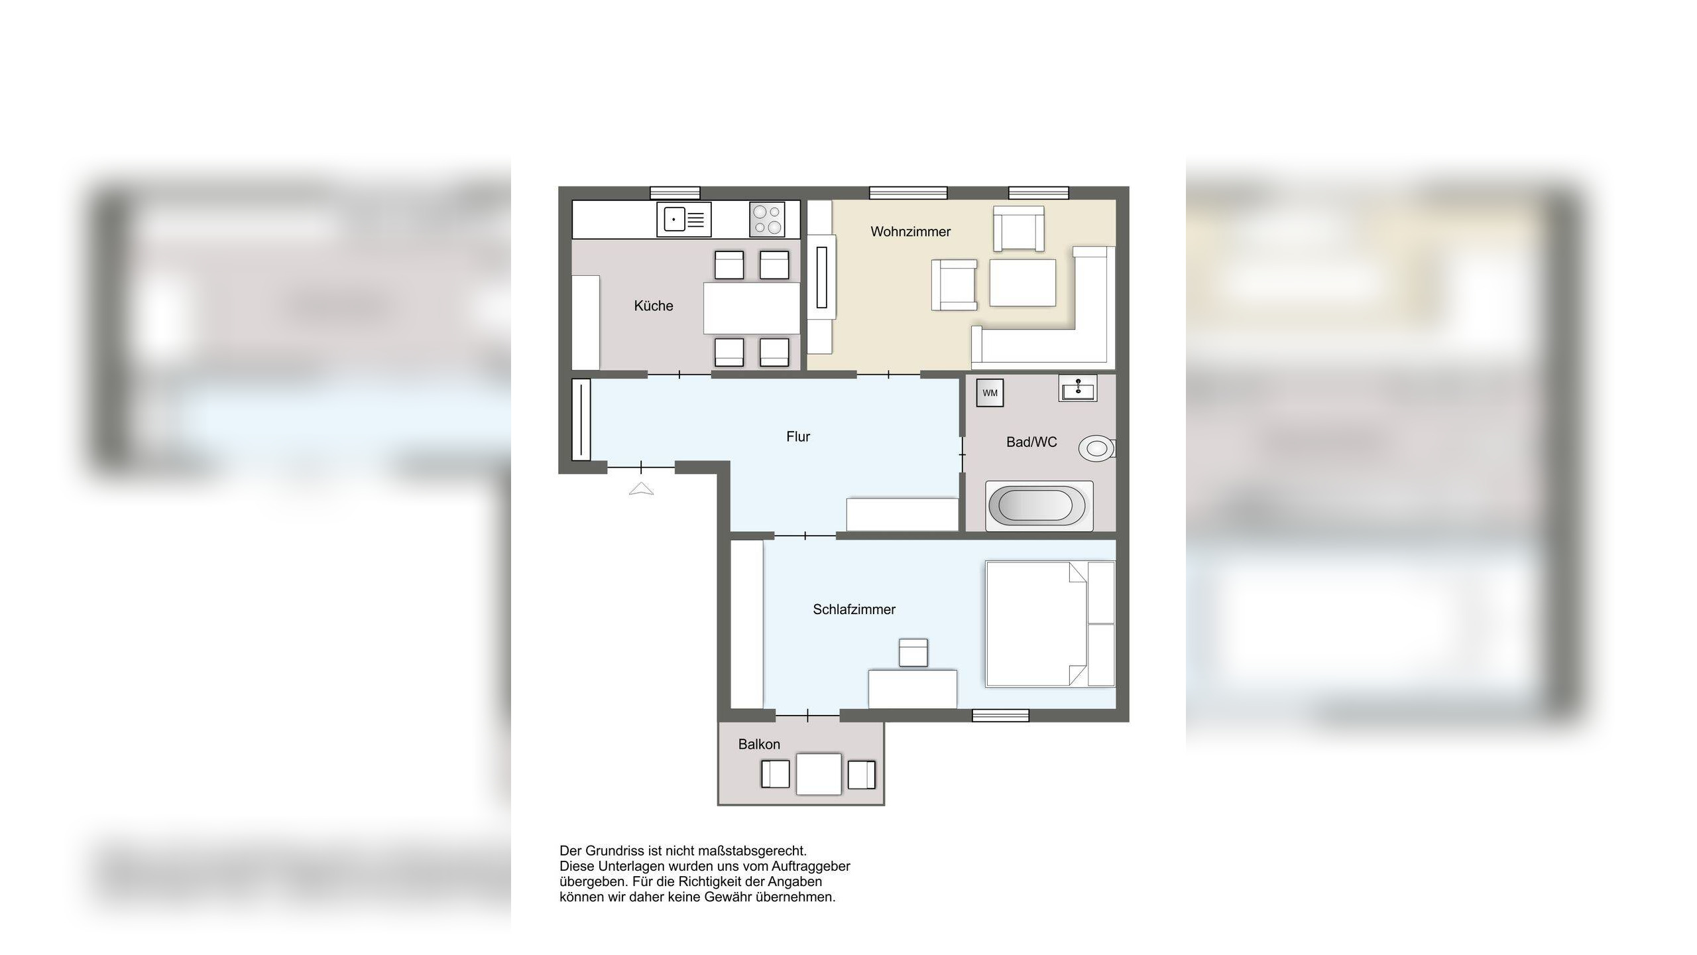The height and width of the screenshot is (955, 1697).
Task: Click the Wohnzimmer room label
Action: point(910,231)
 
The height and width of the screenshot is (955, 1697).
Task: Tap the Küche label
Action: point(654,306)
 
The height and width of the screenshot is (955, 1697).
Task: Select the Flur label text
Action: point(798,436)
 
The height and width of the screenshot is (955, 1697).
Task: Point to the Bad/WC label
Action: point(1031,442)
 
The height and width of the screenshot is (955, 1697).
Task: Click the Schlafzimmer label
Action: point(854,609)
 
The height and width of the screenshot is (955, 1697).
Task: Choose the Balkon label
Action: point(759,744)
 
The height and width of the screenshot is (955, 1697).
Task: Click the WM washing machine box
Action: point(990,393)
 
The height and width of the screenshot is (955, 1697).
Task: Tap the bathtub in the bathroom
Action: point(1039,506)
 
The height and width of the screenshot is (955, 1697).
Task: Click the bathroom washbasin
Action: point(1078,388)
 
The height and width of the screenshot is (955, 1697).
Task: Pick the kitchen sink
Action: point(684,220)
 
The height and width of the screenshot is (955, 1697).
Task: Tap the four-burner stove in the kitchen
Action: point(767,220)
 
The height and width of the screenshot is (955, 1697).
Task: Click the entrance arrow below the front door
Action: point(641,489)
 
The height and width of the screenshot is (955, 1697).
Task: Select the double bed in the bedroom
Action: point(1050,623)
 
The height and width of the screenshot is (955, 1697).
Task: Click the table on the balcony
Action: point(819,774)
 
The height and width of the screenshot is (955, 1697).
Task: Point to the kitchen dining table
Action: point(752,308)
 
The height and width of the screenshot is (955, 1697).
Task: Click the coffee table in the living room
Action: point(1022,283)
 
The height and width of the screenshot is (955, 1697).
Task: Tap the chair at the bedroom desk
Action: point(913,653)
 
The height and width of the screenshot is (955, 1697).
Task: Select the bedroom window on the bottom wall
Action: point(1000,716)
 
